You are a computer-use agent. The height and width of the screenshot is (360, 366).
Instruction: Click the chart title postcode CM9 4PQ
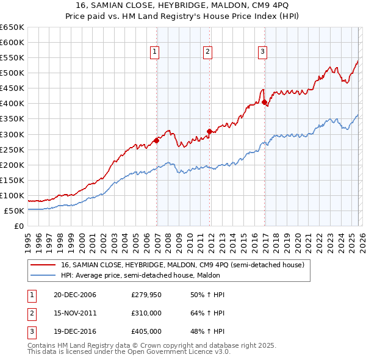point(256,6)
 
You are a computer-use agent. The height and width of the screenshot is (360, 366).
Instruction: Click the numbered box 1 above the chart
point(155,52)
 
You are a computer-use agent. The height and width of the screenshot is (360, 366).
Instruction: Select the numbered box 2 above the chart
point(207,52)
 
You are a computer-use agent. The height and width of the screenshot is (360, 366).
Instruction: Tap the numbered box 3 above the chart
point(262,52)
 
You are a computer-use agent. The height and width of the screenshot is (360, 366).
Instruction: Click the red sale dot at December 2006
point(157,140)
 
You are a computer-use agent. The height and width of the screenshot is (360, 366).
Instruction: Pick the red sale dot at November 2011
point(209,131)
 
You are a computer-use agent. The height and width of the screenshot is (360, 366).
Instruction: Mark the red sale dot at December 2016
point(264,103)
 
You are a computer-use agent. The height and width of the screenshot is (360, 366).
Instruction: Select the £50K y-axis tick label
point(15,211)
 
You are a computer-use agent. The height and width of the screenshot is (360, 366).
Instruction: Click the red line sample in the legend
point(43,265)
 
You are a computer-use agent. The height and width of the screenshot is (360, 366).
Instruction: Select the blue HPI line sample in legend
point(43,275)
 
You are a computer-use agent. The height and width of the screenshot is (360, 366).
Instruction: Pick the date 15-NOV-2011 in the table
point(75,313)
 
